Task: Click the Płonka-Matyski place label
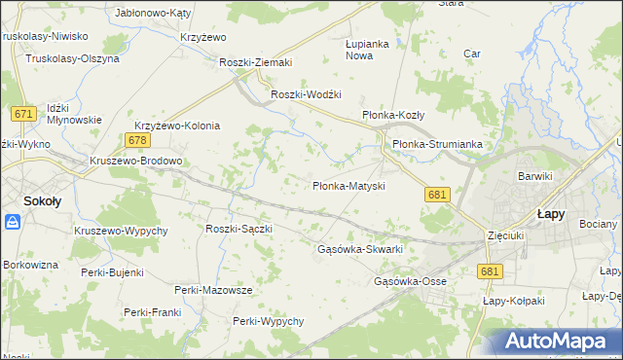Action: [x=348, y=186]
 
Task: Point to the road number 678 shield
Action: [x=137, y=141]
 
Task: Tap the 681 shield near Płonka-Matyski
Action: [x=437, y=195]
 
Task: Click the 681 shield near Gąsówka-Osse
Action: [x=490, y=272]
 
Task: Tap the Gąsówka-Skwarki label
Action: [x=360, y=249]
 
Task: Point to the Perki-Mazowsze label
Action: [x=213, y=290]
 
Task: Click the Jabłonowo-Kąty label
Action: [x=153, y=13]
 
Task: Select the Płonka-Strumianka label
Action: [x=437, y=144]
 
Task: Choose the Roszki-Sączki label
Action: [x=238, y=229]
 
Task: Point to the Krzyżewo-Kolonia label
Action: [x=178, y=126]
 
